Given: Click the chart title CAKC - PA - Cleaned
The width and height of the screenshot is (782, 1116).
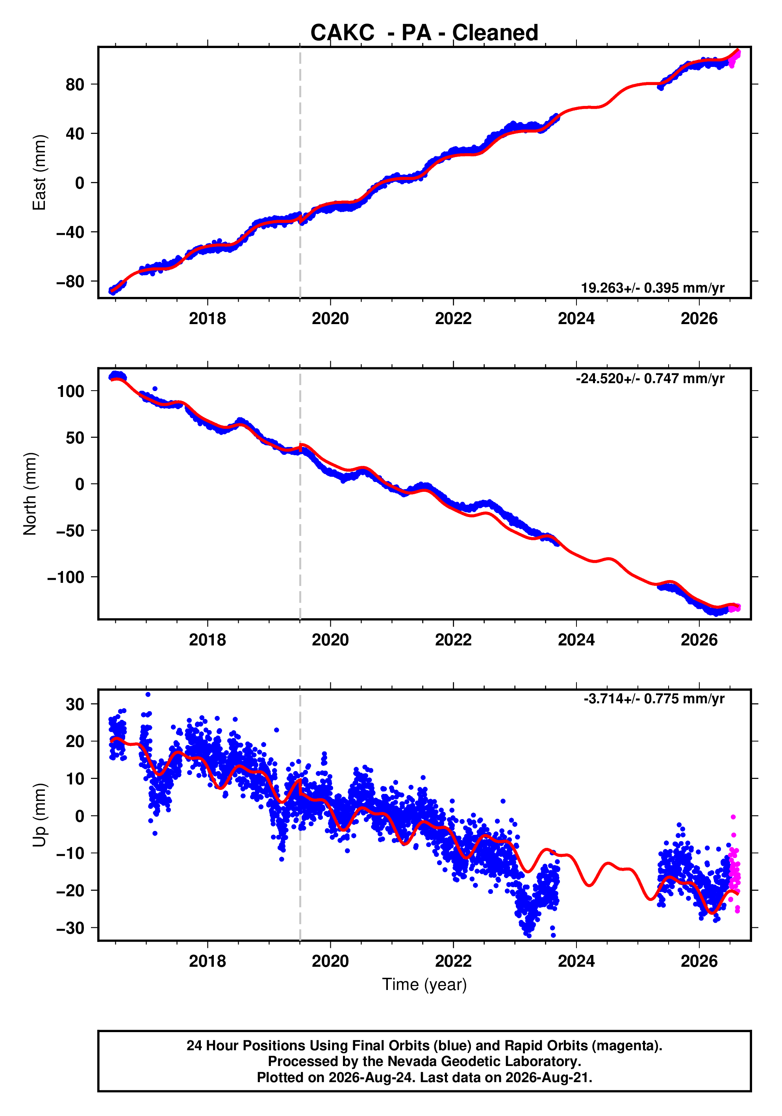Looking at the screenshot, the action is (424, 33).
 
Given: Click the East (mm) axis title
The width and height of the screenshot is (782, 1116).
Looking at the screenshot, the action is (39, 172).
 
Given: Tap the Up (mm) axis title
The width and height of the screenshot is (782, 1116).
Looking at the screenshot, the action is (39, 815).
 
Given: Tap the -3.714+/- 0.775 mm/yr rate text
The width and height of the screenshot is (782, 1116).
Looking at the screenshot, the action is (654, 699).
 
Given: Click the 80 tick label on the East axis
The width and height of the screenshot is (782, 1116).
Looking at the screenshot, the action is (75, 85).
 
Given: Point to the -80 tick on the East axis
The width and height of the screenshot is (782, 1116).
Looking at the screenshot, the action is (70, 282).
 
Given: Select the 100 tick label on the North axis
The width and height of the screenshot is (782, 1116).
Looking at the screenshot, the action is (70, 391).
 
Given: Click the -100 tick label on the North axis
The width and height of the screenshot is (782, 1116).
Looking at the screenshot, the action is (66, 577).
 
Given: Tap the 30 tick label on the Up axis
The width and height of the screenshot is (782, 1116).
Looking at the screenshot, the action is (75, 704).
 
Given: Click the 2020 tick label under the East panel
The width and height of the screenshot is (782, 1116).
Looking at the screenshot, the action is (330, 319).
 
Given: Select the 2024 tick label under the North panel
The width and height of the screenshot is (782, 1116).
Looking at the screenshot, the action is (576, 640).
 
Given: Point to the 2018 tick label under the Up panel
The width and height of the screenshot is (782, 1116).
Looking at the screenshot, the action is (208, 961).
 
